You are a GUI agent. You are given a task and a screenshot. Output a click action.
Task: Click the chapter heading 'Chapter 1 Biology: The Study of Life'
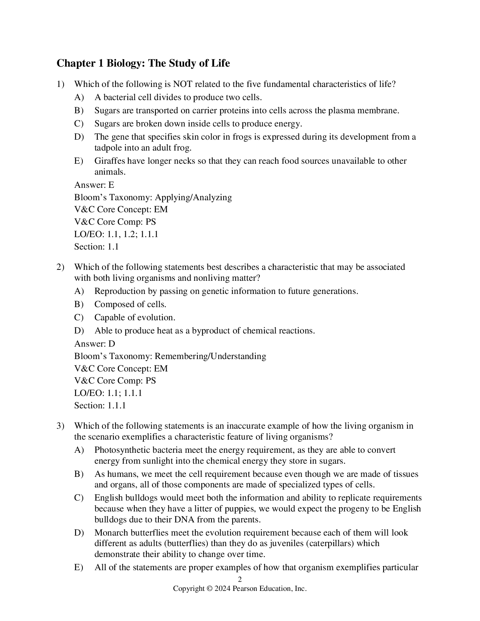143,63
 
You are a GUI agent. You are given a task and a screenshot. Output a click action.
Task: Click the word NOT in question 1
182,84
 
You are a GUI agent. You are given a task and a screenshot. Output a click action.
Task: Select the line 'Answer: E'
94,185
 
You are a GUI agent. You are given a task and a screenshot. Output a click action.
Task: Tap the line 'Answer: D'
94,344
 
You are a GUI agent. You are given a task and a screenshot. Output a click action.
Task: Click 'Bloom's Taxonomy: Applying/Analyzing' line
153,197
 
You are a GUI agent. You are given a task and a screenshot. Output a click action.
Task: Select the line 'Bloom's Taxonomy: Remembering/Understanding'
170,356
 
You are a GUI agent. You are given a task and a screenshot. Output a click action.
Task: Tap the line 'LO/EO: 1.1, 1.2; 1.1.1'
116,234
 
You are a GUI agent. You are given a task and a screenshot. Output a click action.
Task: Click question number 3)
61,426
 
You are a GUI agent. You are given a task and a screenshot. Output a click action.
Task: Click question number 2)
61,267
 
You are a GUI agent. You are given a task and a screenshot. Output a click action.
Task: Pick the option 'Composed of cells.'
130,304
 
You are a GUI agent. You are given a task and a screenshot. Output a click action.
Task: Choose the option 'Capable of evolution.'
135,317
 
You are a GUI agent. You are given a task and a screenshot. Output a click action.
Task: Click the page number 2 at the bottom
240,579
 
